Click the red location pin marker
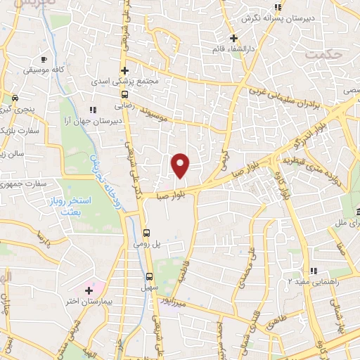tap(181, 166)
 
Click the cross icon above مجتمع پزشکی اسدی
tap(124, 70)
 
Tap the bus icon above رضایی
tap(124, 94)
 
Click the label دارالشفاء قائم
tap(233, 50)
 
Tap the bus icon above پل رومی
tap(146, 233)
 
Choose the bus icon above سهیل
tap(149, 276)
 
